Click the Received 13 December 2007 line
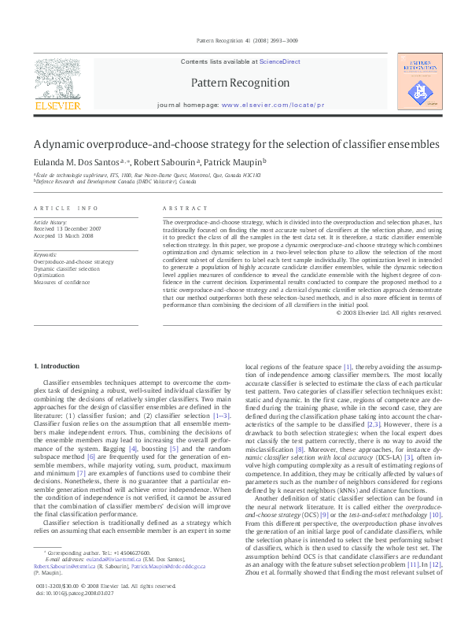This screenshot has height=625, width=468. tap(69, 229)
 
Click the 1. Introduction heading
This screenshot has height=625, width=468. tap(59, 366)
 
